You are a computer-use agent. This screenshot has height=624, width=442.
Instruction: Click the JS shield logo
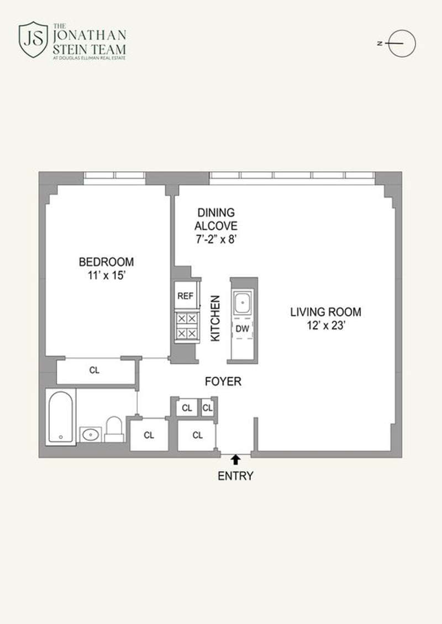34,39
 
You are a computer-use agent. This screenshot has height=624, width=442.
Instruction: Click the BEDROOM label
107,262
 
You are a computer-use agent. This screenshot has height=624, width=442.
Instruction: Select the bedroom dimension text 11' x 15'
107,275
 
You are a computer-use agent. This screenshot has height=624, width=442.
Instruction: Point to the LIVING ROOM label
325,312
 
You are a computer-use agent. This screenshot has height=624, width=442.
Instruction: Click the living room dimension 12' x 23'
325,326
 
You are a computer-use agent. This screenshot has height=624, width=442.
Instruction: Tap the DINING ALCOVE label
216,219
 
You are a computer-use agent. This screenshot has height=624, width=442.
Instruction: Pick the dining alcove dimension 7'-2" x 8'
216,239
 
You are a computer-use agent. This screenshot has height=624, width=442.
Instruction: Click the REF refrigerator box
186,296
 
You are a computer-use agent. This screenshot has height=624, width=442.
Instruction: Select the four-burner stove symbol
187,326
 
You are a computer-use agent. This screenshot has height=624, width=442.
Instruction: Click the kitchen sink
243,303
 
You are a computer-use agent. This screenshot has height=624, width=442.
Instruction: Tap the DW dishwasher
243,329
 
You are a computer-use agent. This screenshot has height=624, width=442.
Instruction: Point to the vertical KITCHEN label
215,318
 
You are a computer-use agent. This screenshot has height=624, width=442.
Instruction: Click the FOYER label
223,382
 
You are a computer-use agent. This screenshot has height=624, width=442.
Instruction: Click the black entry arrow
235,460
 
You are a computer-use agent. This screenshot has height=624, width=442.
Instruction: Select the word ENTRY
235,476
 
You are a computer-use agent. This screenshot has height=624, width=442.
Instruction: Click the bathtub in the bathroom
61,417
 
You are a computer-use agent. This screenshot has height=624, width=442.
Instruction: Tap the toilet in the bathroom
114,429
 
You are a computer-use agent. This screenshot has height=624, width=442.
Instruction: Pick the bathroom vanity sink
91,434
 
